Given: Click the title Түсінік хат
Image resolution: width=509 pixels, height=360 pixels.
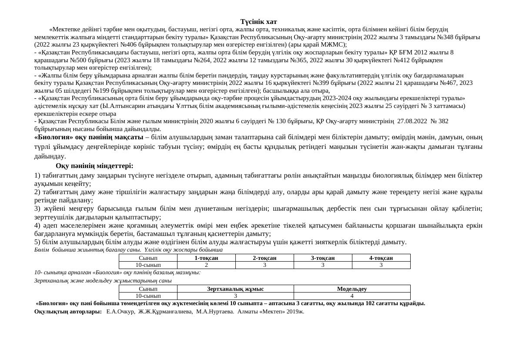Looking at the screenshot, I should [258, 22].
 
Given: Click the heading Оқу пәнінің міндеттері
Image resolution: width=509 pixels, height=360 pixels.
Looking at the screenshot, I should [94, 166].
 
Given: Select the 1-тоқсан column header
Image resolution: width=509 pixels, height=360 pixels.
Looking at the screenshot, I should [206, 258].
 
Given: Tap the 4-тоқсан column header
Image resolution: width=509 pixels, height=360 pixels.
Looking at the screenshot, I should [381, 258].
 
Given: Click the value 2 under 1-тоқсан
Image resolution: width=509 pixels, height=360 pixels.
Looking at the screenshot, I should [206, 265].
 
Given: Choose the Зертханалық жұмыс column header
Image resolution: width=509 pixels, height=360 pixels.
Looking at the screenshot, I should [235, 289].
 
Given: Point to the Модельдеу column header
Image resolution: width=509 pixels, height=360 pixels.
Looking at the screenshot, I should [352, 289].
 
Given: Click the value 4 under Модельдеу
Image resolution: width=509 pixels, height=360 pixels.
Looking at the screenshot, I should [352, 296].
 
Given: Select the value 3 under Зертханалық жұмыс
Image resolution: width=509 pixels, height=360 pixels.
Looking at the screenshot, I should [235, 296].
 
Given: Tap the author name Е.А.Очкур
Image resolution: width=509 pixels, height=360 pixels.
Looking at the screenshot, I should [121, 312].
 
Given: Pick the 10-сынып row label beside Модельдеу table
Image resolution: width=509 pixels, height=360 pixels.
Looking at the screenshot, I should [148, 296].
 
